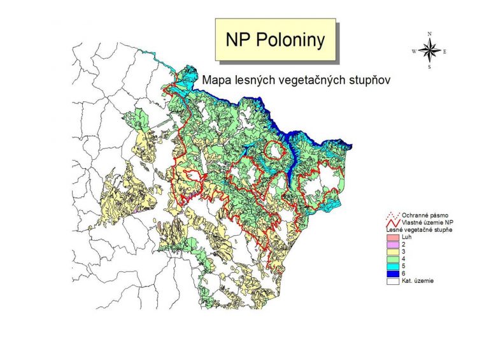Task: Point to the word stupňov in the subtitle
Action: tap(363, 81)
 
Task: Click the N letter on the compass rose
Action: tap(430, 33)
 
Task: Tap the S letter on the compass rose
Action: tap(430, 67)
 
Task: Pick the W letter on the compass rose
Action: tap(415, 50)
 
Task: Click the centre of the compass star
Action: tap(430, 50)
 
